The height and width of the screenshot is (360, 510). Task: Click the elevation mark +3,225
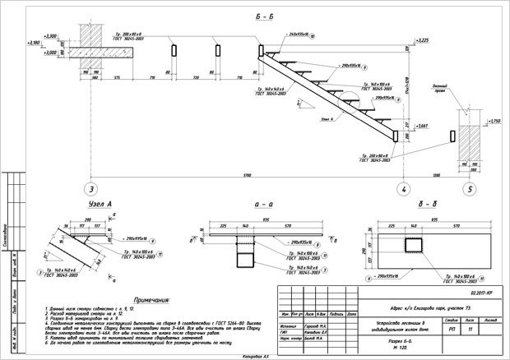click(x=424, y=39)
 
